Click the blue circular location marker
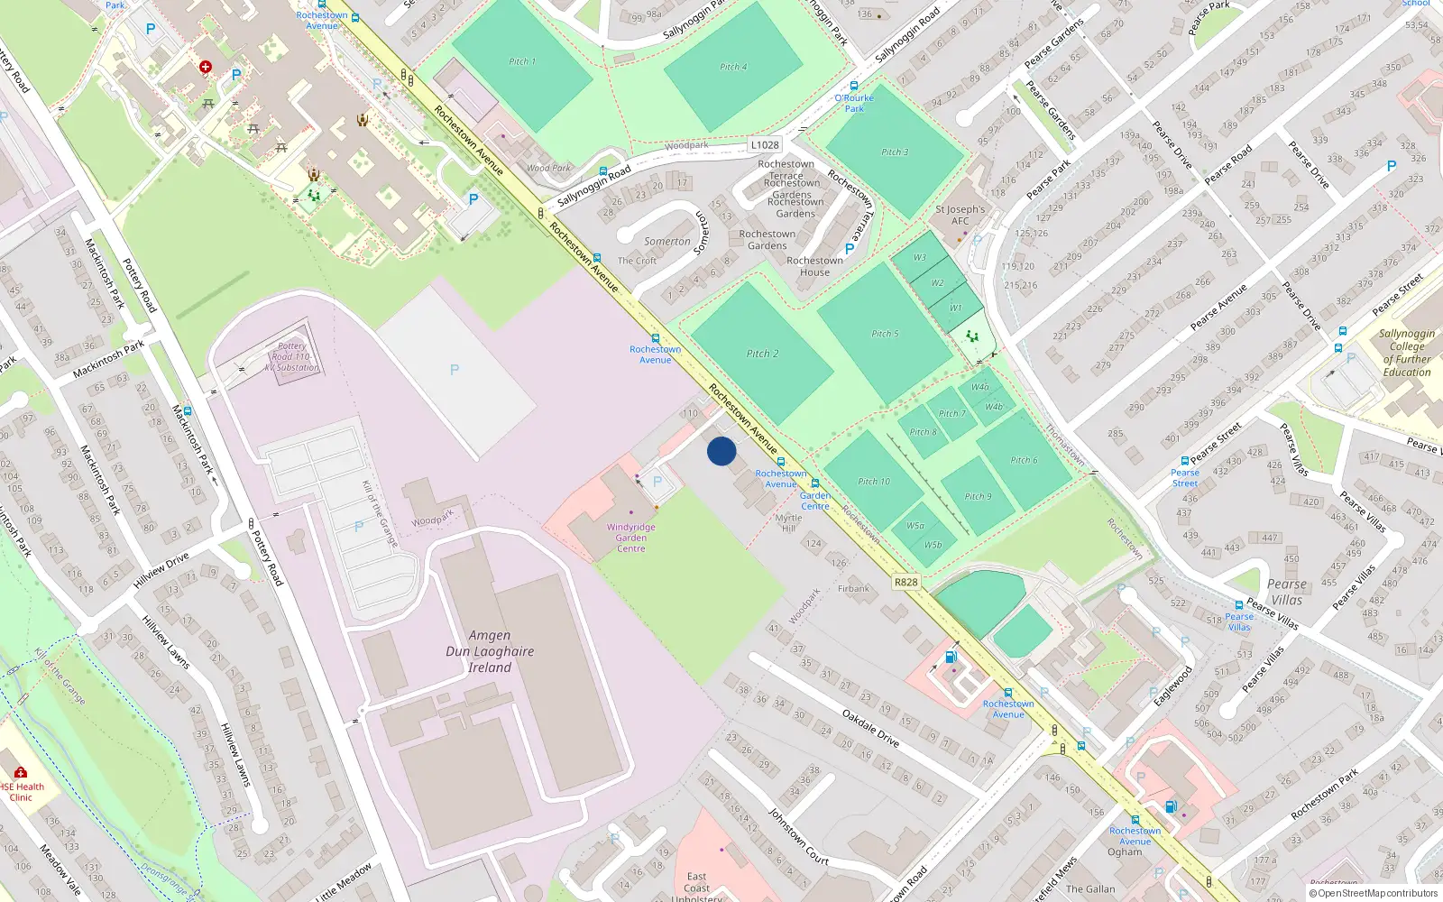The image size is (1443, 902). [721, 451]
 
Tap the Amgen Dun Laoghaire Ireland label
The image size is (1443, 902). [490, 651]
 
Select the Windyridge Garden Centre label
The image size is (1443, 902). [630, 538]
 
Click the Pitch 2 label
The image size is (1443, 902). [762, 354]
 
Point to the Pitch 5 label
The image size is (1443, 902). [885, 334]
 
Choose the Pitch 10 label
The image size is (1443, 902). [873, 482]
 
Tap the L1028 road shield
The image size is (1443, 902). [765, 145]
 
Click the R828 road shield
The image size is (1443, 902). [905, 582]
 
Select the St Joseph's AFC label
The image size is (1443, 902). [960, 215]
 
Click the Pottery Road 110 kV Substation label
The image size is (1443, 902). [291, 356]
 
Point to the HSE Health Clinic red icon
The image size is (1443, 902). [21, 772]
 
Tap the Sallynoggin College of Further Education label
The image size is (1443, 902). [1407, 353]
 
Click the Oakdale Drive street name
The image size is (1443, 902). [870, 728]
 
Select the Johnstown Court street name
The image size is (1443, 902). [798, 837]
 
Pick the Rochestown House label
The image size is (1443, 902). [814, 266]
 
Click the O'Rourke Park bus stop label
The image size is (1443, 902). [854, 103]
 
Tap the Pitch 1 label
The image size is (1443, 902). [522, 62]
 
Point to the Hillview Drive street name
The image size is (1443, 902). [161, 571]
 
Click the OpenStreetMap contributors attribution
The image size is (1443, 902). [1374, 894]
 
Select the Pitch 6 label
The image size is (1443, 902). [1024, 460]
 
